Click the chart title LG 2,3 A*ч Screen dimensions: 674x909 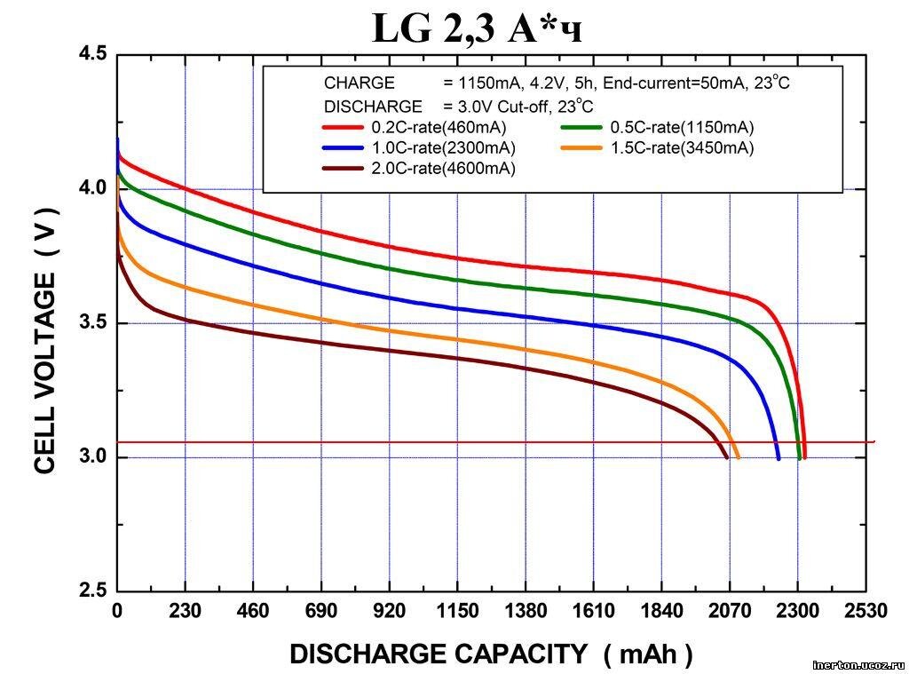tap(478, 29)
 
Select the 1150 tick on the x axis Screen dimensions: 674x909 tap(456, 611)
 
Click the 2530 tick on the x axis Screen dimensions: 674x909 tap(866, 611)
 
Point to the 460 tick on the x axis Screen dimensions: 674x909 tap(253, 611)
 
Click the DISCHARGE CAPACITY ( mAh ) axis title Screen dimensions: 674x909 tap(491, 654)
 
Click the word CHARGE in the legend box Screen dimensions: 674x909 tap(359, 83)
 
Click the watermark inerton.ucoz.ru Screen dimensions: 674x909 tap(858, 664)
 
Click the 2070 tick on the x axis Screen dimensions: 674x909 tap(729, 611)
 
